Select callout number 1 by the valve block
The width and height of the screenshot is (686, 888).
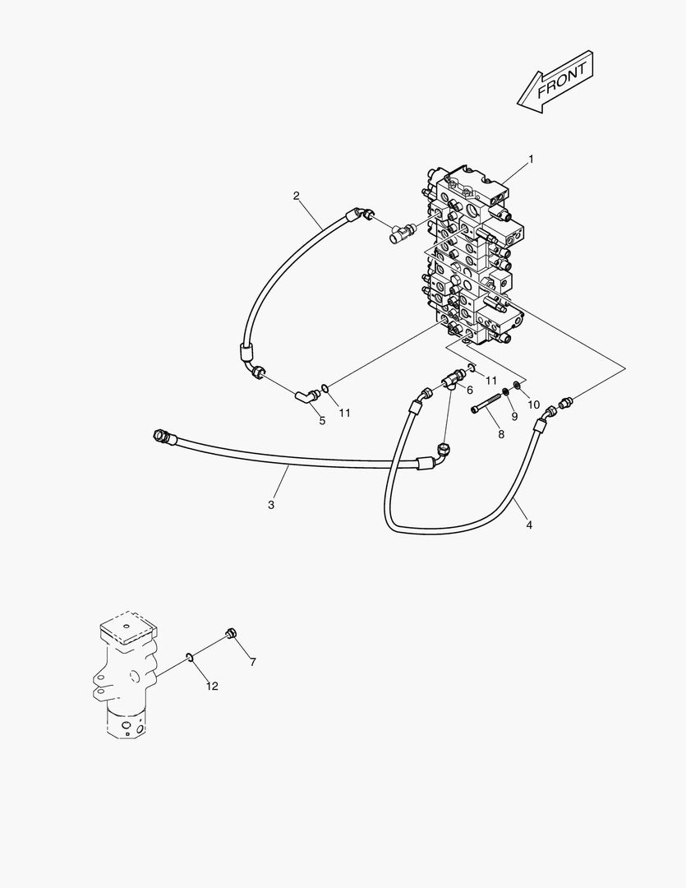pos(531,159)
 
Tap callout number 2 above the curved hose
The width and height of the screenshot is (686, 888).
pos(297,196)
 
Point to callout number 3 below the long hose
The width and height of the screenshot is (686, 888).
pos(271,505)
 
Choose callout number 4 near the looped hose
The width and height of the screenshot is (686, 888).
pos(529,525)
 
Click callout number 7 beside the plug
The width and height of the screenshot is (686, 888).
pos(252,662)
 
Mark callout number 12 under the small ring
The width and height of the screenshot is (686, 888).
pos(212,687)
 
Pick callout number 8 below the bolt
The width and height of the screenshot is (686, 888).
pos(500,434)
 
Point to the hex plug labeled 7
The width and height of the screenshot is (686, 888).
pos(231,634)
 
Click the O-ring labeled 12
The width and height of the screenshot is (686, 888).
pos(190,656)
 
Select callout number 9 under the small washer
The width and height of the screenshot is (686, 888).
pos(514,417)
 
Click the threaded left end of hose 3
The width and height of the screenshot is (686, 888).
pos(161,435)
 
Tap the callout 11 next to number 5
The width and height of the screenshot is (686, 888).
pos(345,413)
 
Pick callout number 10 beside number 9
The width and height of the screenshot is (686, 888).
pos(533,405)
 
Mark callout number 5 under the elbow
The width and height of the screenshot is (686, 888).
pos(322,421)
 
